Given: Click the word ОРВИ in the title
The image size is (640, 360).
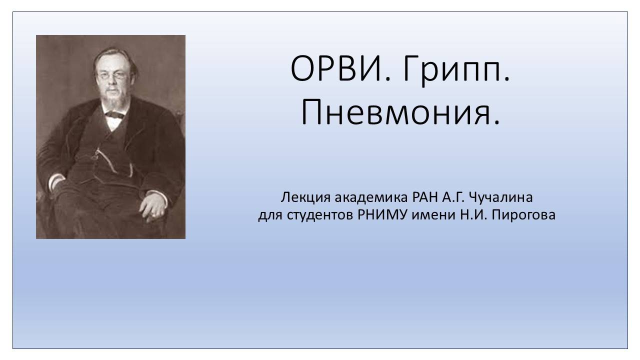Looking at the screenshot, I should point(333,69).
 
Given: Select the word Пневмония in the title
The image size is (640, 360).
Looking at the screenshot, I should point(400,112).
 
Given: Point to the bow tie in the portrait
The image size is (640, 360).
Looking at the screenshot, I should point(114,114).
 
